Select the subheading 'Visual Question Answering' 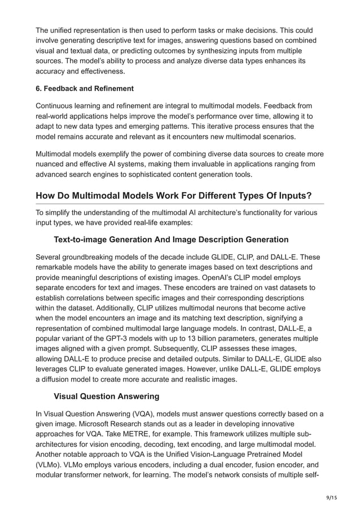(107, 396)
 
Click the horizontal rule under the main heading (179, 204)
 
